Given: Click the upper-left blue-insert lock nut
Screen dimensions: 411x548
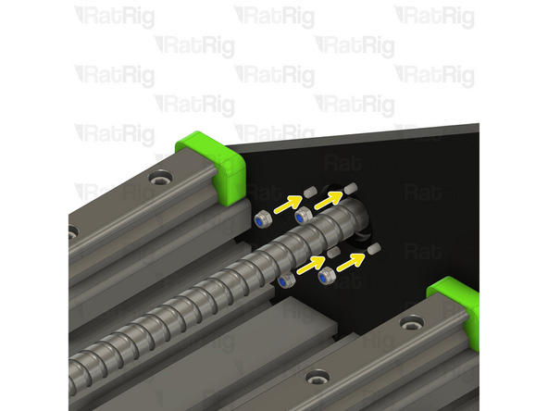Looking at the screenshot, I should point(263,219).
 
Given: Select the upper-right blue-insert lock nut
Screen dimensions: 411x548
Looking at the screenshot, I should point(304,216).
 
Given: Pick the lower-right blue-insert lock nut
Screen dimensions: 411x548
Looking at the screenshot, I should point(325,276).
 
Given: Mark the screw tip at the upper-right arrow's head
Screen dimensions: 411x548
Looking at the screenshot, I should point(351,188).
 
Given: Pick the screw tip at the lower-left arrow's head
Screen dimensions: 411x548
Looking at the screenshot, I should point(333,253).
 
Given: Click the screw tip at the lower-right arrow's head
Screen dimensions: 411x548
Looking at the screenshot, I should point(373,249).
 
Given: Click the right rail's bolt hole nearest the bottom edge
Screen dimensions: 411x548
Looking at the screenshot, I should point(319,376).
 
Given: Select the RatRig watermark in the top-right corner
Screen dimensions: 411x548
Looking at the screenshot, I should point(434,16).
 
